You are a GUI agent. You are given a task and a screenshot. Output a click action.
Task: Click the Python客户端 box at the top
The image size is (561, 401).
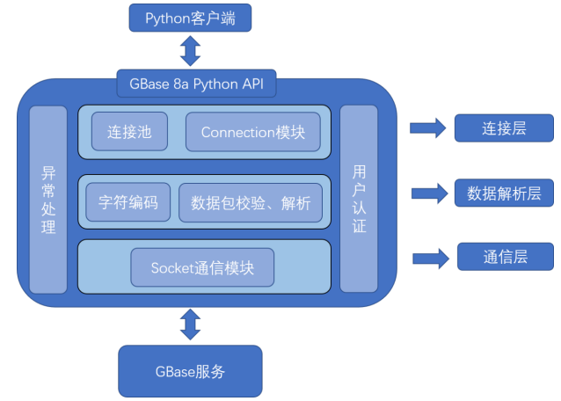(191, 17)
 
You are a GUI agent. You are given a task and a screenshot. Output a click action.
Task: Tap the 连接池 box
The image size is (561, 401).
(130, 132)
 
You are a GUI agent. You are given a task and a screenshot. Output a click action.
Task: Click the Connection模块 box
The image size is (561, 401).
(252, 132)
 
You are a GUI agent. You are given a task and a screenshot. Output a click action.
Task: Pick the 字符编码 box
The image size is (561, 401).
(127, 202)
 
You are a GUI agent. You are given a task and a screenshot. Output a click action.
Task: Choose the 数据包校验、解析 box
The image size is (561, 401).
(251, 203)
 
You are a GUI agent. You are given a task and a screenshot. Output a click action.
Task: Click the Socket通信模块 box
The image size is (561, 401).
(202, 267)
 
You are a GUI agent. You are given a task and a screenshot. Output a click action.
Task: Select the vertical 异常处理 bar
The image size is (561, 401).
(48, 200)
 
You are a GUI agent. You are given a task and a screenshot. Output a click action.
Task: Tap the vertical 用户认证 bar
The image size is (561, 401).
(359, 199)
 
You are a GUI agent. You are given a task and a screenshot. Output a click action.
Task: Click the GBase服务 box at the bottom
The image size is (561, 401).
(190, 371)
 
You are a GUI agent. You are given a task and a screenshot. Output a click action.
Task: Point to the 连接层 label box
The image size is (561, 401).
(504, 128)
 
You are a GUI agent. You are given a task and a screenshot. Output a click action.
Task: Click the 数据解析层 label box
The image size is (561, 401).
(504, 192)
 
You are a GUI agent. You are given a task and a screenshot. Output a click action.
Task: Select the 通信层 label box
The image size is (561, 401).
(505, 257)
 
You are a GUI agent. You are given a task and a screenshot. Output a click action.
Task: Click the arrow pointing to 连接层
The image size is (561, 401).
(427, 128)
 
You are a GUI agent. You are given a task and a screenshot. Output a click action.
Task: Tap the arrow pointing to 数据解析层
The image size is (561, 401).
(429, 193)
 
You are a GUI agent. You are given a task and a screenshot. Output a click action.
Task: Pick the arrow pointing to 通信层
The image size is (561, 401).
(431, 258)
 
